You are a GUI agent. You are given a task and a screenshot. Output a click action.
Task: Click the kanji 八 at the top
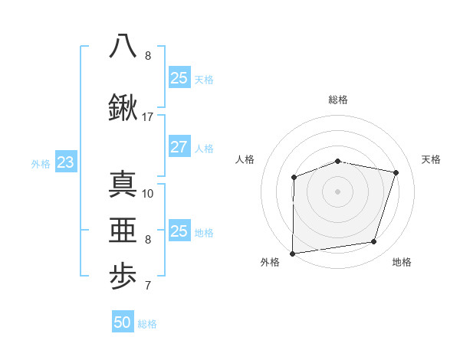pos(123,45)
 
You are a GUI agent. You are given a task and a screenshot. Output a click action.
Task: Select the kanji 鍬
pos(123,109)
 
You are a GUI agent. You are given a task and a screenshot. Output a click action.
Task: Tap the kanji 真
pos(123,185)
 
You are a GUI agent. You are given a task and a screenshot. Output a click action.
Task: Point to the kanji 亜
pos(123,231)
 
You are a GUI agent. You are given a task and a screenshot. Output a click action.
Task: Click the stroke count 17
pos(148,117)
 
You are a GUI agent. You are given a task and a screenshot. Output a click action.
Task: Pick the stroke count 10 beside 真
pos(148,193)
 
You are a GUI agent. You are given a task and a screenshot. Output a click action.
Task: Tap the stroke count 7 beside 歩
pos(148,286)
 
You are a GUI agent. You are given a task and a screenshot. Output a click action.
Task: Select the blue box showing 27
pos(179,147)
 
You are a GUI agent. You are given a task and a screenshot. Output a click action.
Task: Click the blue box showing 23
pos(65,162)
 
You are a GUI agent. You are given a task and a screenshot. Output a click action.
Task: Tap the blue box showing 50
pos(123,322)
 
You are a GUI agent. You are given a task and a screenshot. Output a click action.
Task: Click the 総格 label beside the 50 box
pos(147,324)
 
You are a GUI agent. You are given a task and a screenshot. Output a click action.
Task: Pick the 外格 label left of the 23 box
pos(40,163)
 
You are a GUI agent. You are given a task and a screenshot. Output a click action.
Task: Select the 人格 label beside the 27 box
pos(204,149)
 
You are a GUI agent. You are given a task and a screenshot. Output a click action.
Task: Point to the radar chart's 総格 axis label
pos(338,100)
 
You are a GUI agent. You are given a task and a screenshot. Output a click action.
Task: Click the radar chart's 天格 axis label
pos(432,159)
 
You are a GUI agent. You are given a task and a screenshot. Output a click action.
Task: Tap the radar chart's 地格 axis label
pos(402,262)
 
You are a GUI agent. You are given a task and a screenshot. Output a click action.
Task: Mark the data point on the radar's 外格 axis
pos(293,254)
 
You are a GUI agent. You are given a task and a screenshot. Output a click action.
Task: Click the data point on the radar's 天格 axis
pos(396,172)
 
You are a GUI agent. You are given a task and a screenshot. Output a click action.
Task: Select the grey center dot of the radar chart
pos(338,191)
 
